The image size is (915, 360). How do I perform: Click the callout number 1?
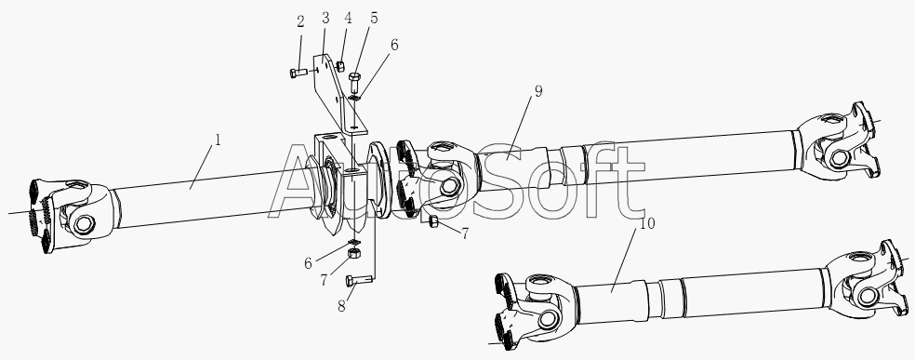click(218, 140)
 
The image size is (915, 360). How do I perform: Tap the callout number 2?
click(300, 22)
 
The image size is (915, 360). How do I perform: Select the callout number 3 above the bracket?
click(325, 18)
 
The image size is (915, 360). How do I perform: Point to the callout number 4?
click(348, 18)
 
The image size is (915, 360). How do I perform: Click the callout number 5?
click(374, 18)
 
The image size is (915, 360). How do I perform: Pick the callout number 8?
click(341, 306)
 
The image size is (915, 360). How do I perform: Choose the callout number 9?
click(538, 91)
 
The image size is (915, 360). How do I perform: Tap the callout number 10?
click(648, 223)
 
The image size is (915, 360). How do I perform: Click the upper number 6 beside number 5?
click(394, 45)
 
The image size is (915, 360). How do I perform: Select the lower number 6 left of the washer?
click(308, 263)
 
